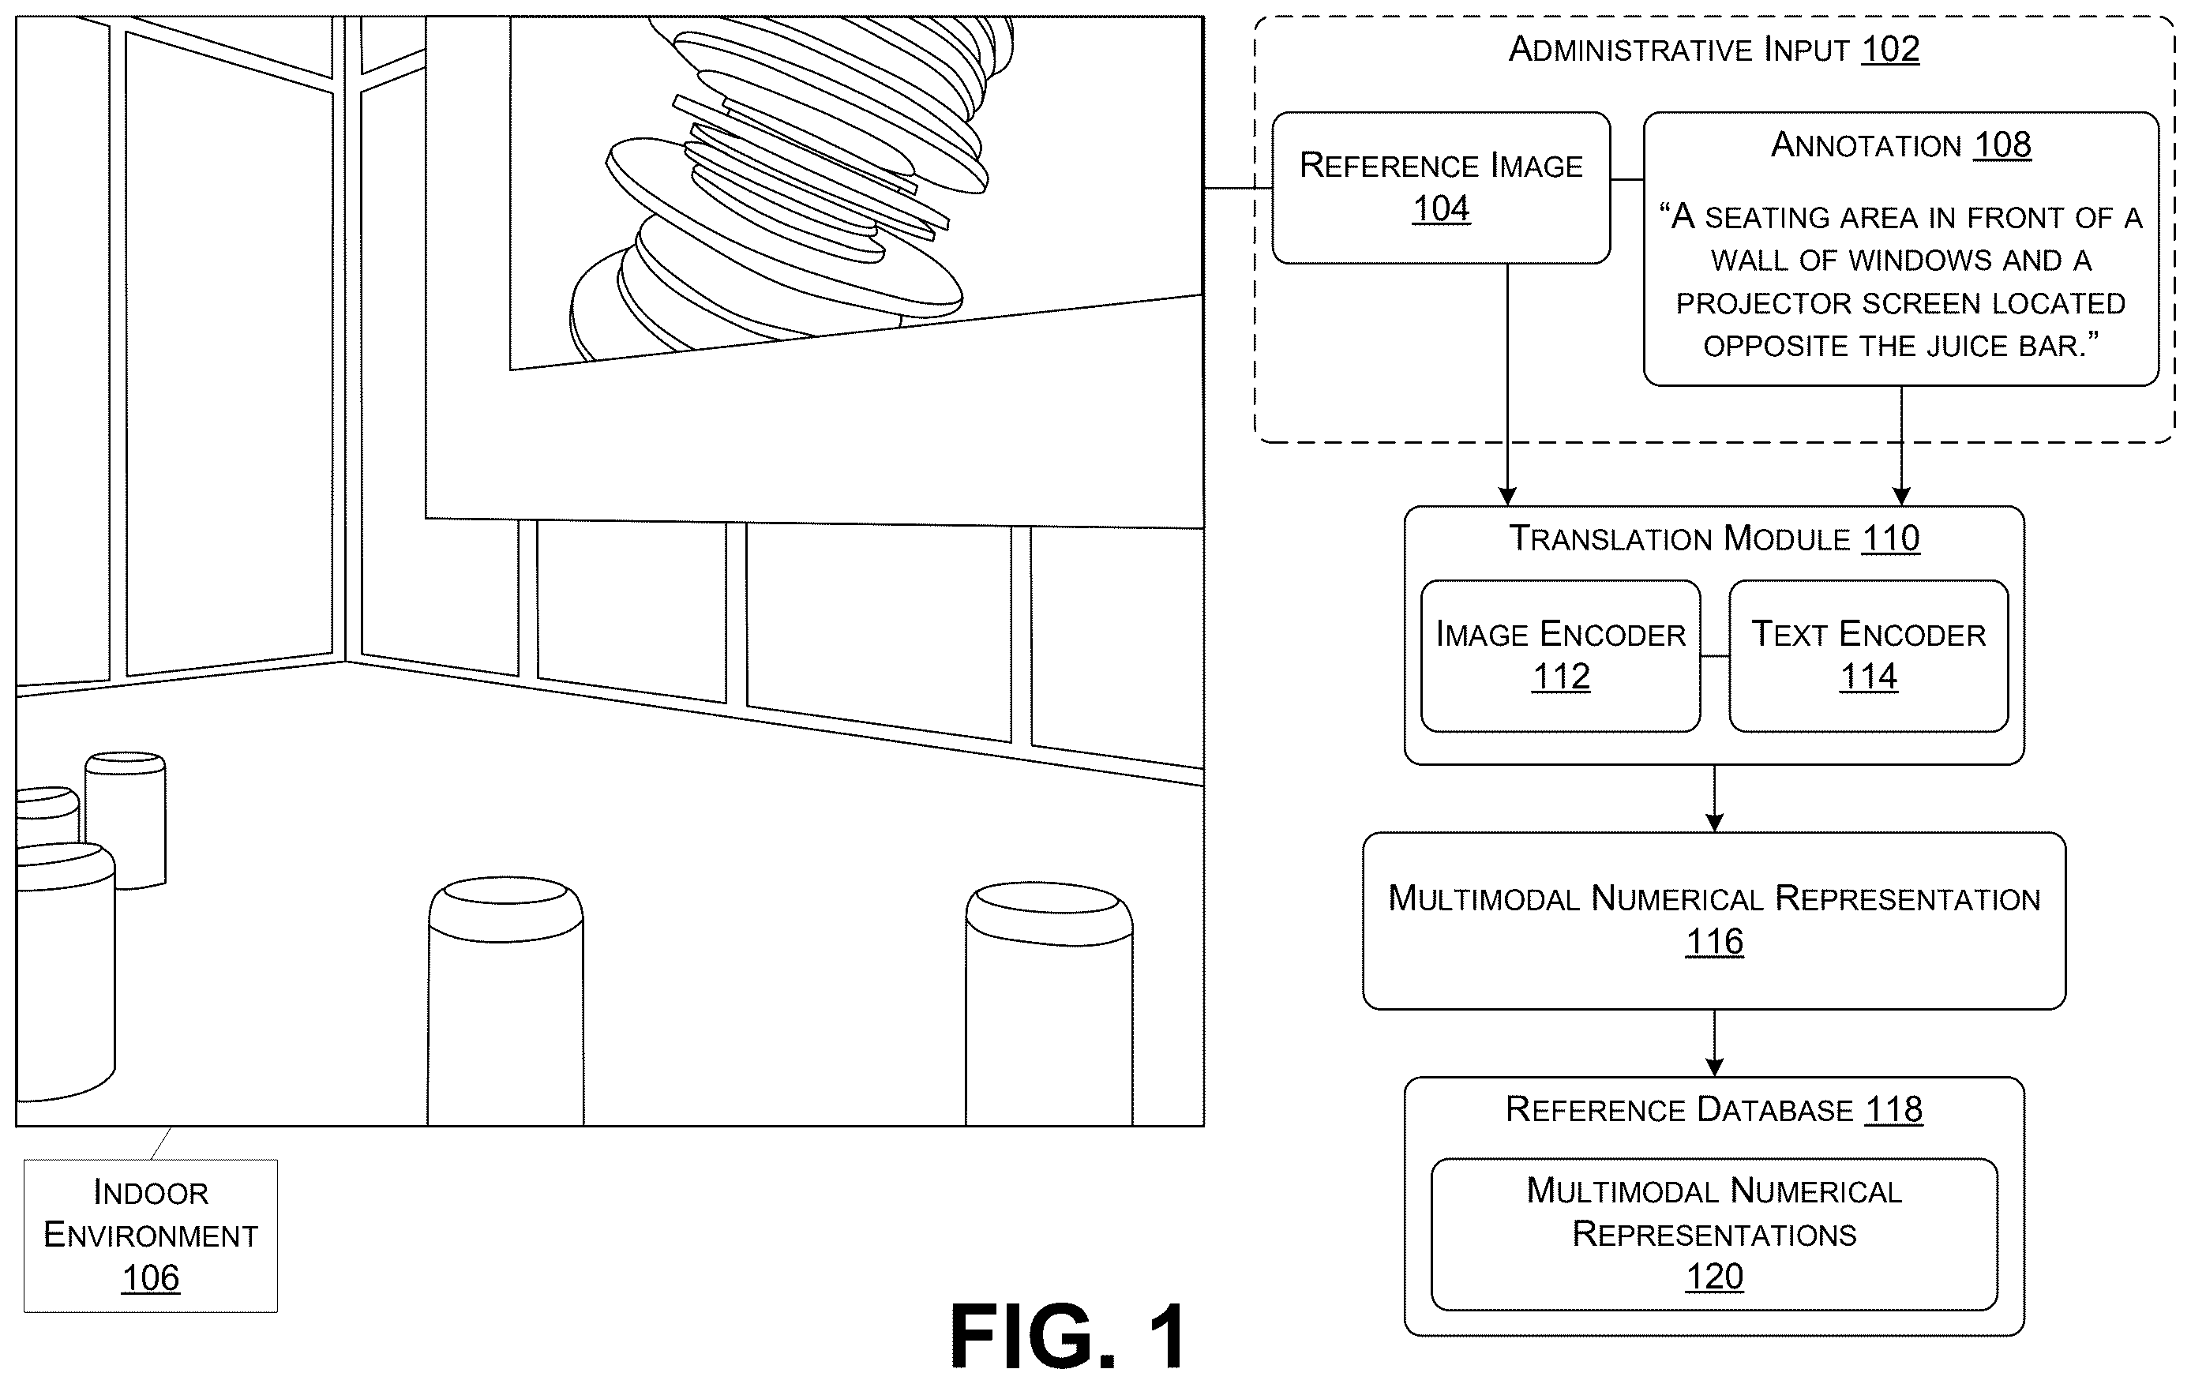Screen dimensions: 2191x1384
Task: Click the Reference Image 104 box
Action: tap(1441, 189)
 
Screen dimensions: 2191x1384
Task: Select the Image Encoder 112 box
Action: tap(1560, 656)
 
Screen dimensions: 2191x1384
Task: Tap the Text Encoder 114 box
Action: tap(1868, 656)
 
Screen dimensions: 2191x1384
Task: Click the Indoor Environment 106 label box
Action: tap(151, 1235)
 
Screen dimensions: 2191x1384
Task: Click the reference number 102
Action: tap(1890, 49)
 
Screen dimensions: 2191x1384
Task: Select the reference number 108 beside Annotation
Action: tap(2002, 144)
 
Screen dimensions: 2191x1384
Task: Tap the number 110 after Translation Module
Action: tap(1891, 538)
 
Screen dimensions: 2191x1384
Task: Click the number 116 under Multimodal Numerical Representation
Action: tap(1714, 942)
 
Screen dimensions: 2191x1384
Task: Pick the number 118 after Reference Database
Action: tap(1893, 1109)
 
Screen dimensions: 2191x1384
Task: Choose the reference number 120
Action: tap(1714, 1277)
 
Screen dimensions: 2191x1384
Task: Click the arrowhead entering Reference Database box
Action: tap(1714, 1067)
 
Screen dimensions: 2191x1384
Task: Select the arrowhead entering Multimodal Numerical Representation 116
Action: tap(1714, 823)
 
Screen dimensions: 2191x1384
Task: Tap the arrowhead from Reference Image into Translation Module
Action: tap(1508, 496)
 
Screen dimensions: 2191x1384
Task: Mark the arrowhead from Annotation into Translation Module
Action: tap(1900, 496)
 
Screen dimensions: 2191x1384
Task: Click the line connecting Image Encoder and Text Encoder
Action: tap(1714, 656)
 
